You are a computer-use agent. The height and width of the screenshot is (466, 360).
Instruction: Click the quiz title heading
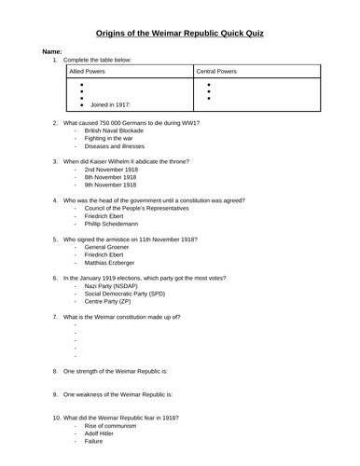(180, 33)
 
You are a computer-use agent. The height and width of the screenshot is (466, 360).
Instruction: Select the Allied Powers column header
(91, 71)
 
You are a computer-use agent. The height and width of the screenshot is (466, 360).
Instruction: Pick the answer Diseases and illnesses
(115, 145)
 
